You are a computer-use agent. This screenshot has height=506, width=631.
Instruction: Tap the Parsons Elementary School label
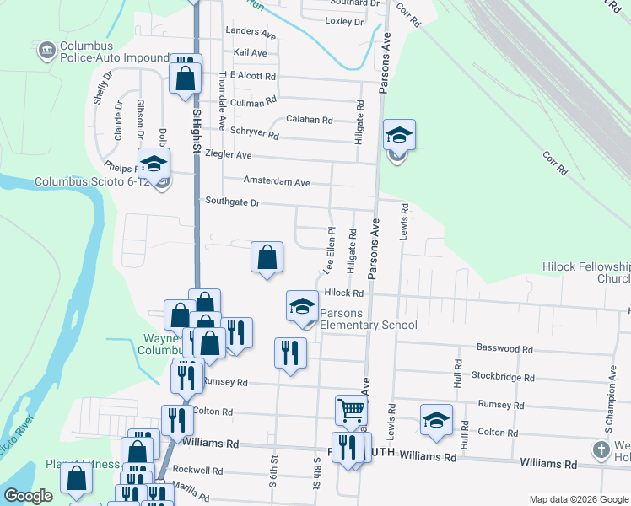[x=368, y=319]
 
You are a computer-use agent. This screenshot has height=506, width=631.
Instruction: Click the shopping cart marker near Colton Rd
[x=351, y=411]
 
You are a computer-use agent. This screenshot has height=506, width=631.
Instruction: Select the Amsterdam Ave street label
[x=277, y=182]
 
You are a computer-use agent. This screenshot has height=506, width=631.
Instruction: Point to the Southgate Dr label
[x=232, y=202]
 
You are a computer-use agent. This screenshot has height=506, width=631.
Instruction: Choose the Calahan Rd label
[x=310, y=120]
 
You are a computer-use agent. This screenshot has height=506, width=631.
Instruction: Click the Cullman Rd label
[x=253, y=101]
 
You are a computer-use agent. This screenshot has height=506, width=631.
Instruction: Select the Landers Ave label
[x=251, y=35]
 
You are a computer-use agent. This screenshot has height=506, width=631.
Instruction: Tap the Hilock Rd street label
[x=343, y=293]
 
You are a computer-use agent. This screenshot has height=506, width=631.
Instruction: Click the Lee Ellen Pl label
[x=329, y=249]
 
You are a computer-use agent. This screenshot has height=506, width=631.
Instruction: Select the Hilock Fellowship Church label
[x=586, y=272]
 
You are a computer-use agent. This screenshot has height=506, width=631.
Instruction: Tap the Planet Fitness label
[x=78, y=464]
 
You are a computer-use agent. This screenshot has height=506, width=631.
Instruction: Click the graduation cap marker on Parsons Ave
[x=399, y=135]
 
